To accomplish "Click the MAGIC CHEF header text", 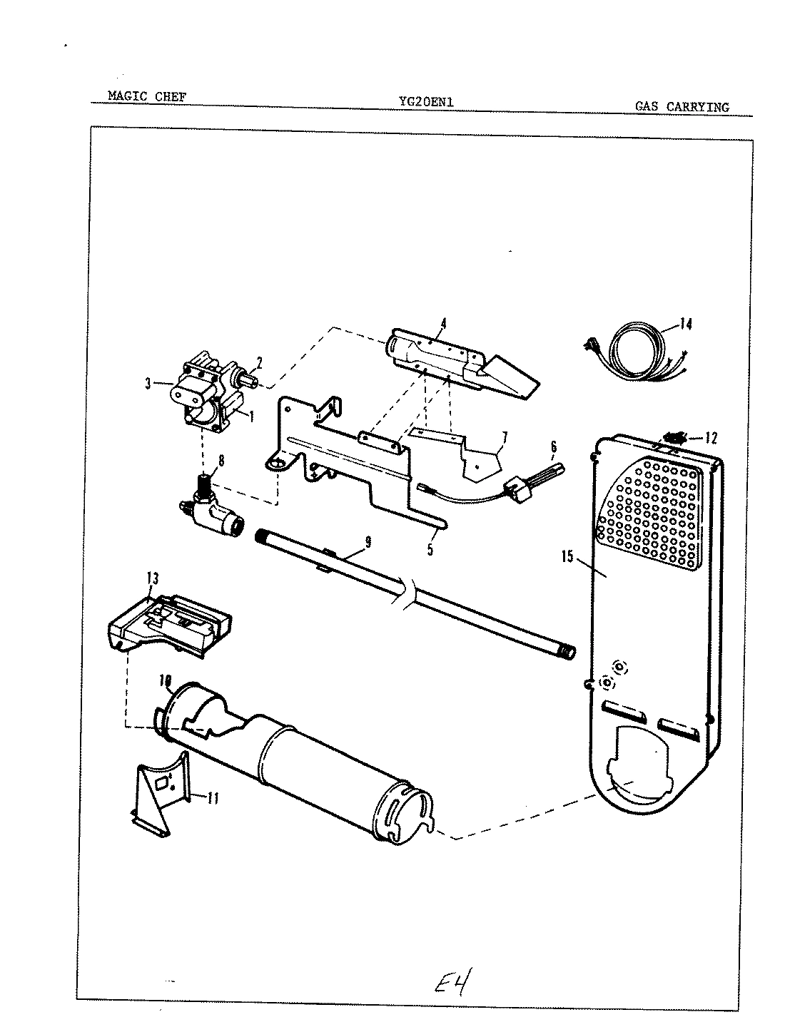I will (x=146, y=96).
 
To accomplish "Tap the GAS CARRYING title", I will (x=682, y=107).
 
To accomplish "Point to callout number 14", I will (x=685, y=325).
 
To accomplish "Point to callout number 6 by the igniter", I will (x=552, y=449).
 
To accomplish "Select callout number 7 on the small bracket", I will (x=504, y=436).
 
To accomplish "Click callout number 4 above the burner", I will (x=443, y=323).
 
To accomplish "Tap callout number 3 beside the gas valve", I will (x=148, y=384).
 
